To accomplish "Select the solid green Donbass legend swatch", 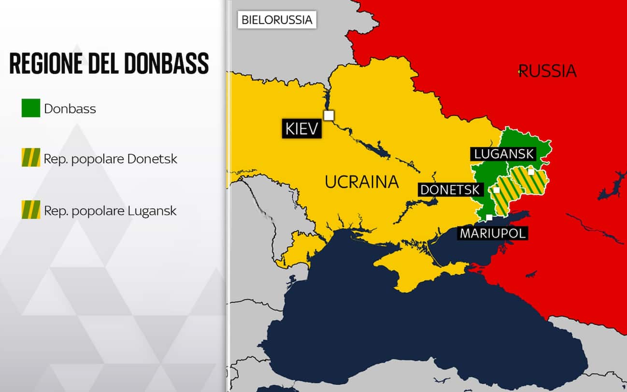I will (31, 108).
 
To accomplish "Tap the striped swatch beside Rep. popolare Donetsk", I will (31, 158).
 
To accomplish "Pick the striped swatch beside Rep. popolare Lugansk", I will (31, 210).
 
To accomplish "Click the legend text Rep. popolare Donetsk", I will (111, 158).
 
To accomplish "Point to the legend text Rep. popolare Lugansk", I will (110, 210).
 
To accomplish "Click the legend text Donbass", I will (70, 108).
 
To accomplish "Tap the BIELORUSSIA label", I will (277, 20).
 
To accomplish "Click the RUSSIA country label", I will (548, 71).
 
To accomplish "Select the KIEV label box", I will (302, 129).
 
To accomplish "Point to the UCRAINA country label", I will (362, 182).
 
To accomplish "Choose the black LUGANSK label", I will (503, 154).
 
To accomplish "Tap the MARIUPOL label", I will (492, 234).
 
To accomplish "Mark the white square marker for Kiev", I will (329, 115).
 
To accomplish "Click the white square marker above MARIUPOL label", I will (490, 217).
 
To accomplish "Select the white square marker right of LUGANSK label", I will (531, 171).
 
